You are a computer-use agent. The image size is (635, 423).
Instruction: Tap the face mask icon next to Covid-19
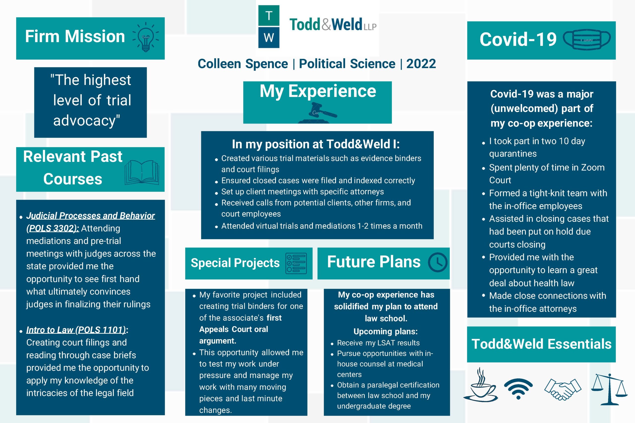[x=587, y=39]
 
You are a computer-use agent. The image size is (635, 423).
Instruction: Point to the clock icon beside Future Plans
[x=438, y=262]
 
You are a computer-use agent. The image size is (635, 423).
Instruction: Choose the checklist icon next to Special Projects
[x=296, y=263]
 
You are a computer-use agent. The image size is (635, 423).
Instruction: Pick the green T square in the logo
[x=269, y=16]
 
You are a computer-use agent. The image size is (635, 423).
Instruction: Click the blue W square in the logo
[x=269, y=37]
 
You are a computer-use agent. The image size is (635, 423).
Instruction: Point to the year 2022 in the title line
[x=421, y=64]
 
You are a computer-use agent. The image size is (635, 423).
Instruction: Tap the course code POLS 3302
[x=53, y=228]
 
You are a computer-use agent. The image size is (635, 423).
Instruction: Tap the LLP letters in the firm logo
[x=370, y=27]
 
